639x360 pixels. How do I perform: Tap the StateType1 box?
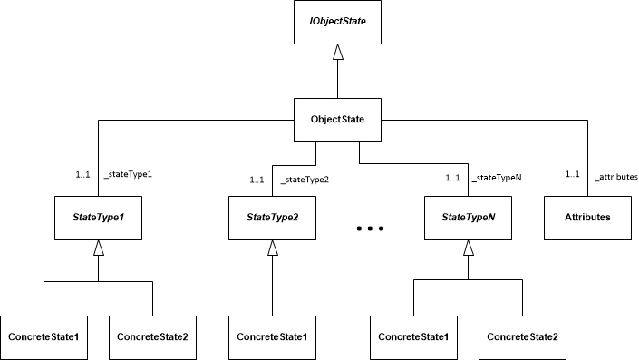coord(98,218)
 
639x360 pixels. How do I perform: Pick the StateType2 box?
coord(271,218)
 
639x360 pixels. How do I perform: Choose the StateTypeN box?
coord(469,218)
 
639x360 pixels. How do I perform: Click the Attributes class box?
coord(587,218)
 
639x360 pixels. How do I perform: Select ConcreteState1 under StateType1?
coord(44,336)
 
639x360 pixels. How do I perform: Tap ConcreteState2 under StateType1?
coord(152,336)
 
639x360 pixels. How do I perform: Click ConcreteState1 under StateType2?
coord(271,336)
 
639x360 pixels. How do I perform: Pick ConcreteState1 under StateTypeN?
coord(413,336)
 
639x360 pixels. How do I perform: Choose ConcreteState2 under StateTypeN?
coord(522,336)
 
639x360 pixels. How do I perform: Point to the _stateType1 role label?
coord(127,175)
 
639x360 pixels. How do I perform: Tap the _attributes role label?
coord(616,175)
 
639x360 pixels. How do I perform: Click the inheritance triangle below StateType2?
coord(271,248)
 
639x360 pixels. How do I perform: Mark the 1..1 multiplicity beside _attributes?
coord(572,175)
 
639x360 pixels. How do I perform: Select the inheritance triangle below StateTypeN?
coord(469,248)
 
